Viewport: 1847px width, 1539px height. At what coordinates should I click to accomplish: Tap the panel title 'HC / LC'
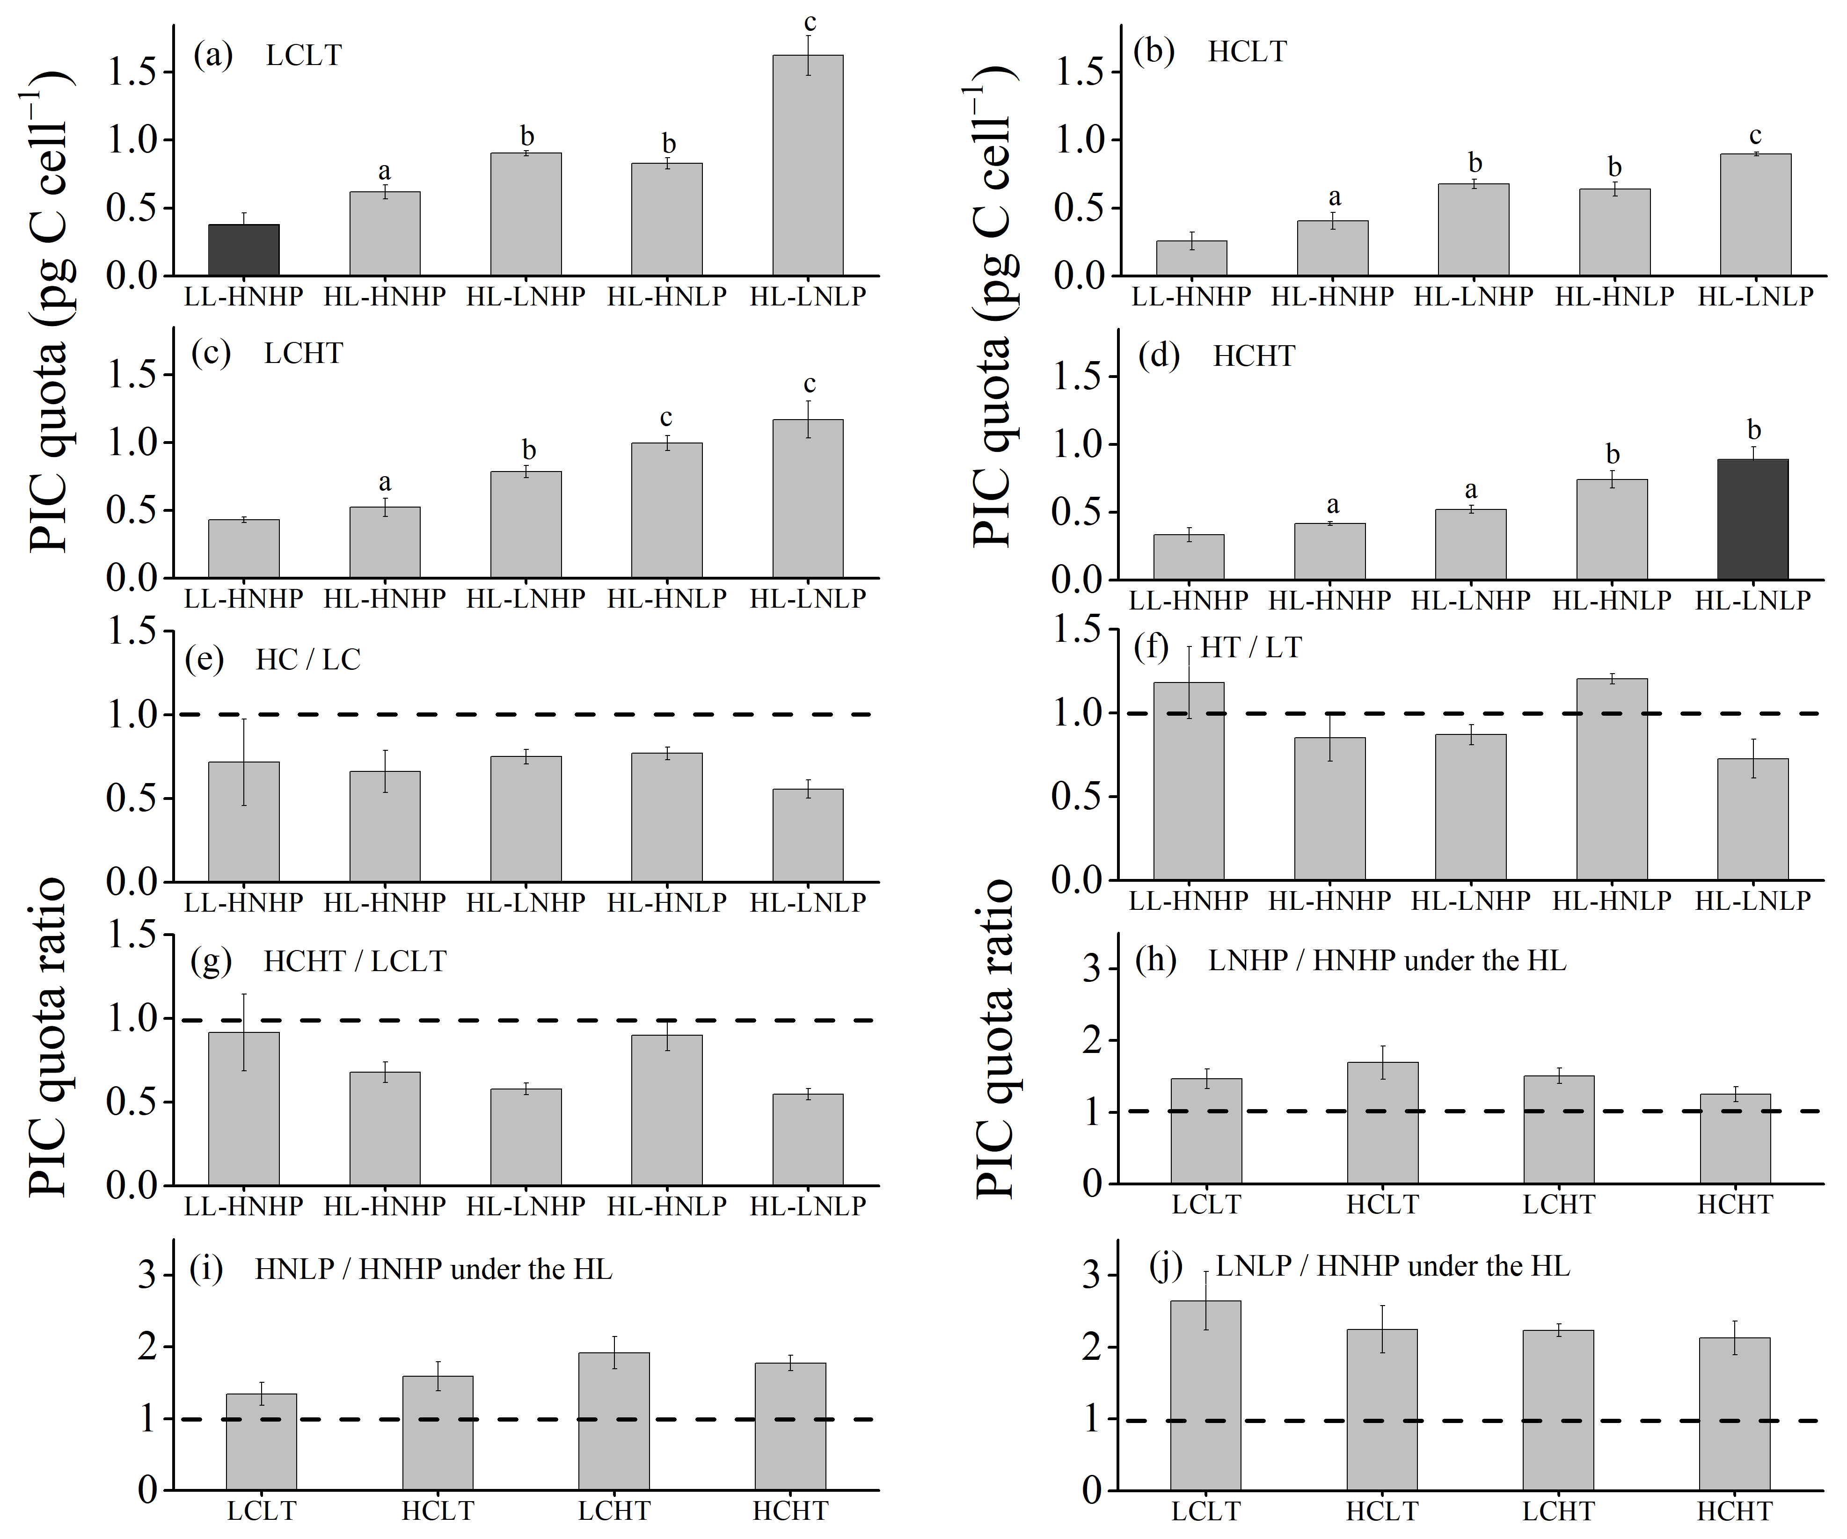coord(308,660)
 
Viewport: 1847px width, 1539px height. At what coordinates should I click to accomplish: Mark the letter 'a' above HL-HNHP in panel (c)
coord(384,483)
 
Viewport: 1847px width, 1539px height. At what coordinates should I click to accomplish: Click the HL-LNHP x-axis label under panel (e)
coord(525,902)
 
